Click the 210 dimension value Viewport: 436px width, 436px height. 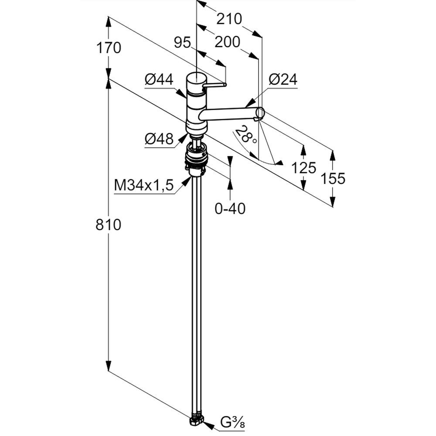pos(229,19)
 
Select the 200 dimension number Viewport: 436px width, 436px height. pos(228,42)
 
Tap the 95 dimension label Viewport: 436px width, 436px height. pos(183,43)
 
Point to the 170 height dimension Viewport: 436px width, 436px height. pos(109,47)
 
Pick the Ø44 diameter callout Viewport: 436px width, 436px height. pos(159,79)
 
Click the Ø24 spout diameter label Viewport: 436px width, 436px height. pos(283,79)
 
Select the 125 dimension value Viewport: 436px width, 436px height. pos(303,167)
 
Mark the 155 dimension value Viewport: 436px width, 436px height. pos(333,178)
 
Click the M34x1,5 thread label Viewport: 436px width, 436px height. pos(144,186)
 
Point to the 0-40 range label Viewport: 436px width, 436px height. pos(230,209)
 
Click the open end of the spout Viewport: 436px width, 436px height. pos(259,113)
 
